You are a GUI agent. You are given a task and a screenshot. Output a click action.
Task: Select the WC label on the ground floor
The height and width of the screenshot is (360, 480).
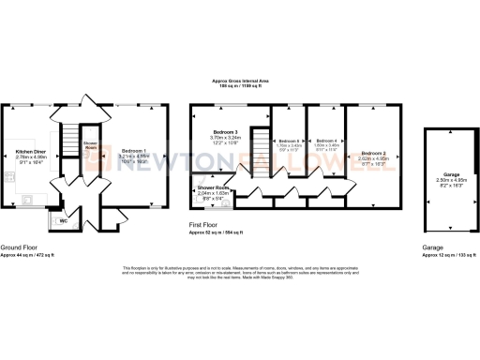coord(63,221)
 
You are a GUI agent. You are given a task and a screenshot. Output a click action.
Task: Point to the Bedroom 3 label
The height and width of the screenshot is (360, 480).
coord(225,130)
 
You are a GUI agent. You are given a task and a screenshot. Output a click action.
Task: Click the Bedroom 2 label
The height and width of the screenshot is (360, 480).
coord(373,152)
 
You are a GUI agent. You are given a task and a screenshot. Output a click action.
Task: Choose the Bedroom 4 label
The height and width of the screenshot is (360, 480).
coord(324,140)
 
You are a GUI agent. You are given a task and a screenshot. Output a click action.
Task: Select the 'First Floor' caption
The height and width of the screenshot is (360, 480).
coord(207,224)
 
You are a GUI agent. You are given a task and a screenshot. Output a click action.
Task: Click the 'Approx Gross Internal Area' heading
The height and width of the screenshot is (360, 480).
coord(239,80)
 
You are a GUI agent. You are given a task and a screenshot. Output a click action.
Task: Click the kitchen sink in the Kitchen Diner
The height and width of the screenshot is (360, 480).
coord(27,199)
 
